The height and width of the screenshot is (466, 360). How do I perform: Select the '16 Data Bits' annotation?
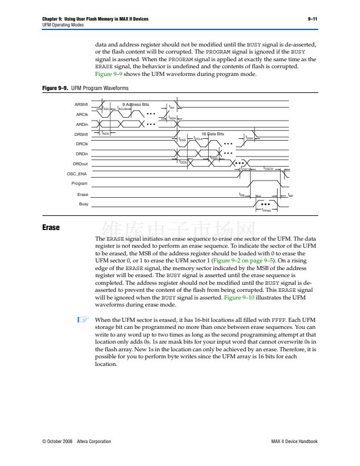pyautogui.click(x=213, y=134)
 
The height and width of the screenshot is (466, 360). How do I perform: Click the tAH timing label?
pyautogui.click(x=172, y=107)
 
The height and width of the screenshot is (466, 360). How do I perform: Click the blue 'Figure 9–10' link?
pyautogui.click(x=241, y=298)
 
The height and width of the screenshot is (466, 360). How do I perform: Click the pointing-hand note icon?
pyautogui.click(x=82, y=321)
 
